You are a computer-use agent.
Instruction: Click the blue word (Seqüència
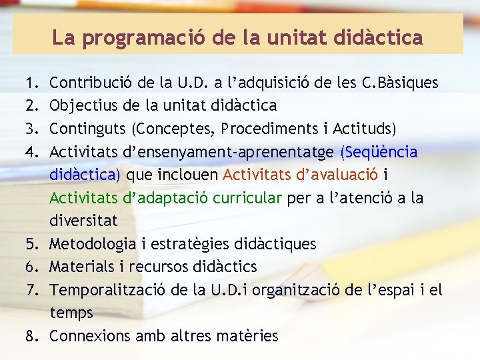379,152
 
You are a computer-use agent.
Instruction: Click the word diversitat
83,221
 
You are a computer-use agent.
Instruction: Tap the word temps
71,313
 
